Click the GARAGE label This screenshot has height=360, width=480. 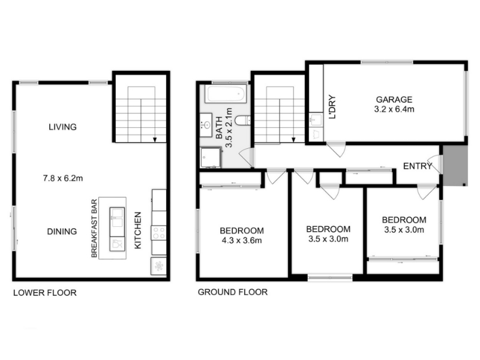coord(394,100)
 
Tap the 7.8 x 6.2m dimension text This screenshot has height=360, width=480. coord(63,178)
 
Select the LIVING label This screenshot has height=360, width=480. coord(62,127)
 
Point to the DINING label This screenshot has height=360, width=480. coord(62,232)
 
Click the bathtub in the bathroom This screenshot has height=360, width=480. coord(227,94)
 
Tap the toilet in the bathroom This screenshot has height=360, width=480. coord(244,121)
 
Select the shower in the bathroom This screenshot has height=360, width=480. coord(211,157)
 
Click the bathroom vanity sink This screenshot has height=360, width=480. coord(206,125)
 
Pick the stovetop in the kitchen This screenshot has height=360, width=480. coord(159,233)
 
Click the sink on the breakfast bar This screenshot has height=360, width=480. coord(117,217)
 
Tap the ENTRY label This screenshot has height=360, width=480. coord(417,166)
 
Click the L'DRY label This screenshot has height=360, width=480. coord(332,107)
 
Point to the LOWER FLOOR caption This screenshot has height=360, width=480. coord(44,293)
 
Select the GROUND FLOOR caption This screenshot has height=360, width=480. coord(233,292)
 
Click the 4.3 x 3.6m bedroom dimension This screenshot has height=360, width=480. coord(242,241)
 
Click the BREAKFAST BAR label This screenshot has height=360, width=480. coord(94,229)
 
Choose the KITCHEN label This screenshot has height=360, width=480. coord(138,230)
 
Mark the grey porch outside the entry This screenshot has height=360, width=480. coord(455,166)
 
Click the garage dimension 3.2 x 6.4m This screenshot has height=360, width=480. coord(394,109)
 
